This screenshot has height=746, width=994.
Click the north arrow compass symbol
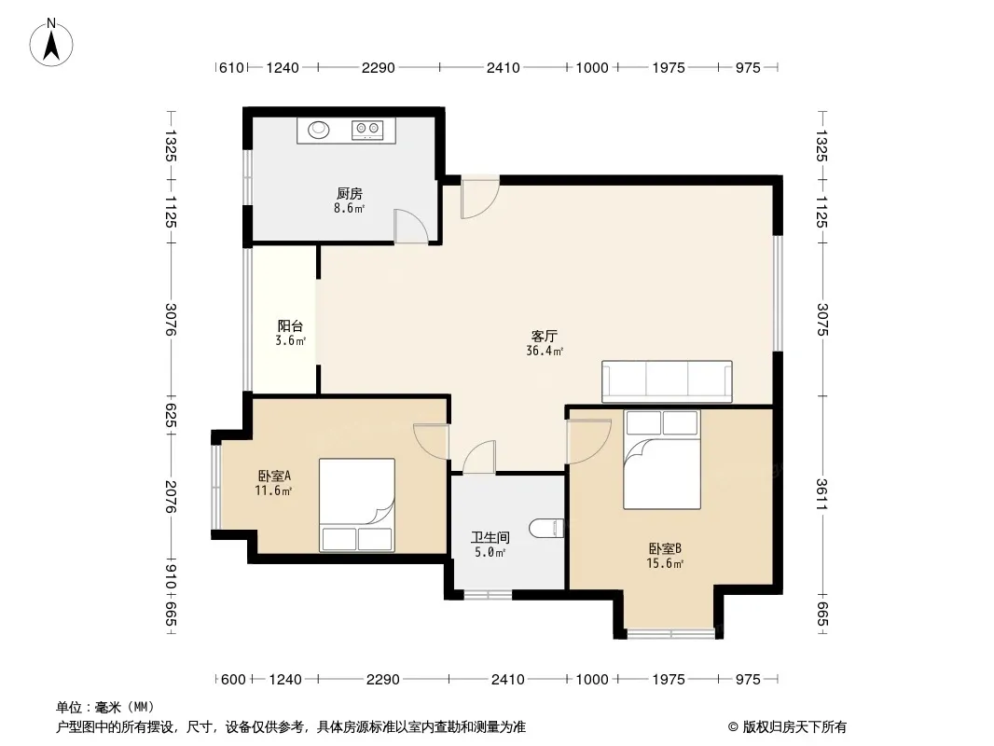pos(51,43)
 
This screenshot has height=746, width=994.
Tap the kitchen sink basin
pos(319,130)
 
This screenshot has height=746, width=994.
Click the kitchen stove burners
pos(367,130)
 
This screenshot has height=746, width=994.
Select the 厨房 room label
pos(350,193)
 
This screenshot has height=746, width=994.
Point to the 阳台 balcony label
pos(290,325)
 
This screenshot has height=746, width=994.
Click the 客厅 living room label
pos(544,336)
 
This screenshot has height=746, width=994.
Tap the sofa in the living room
pos(667,381)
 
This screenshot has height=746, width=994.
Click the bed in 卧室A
pos(357,505)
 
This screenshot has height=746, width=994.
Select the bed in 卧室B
pos(662,460)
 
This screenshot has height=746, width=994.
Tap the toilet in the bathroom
pos(545,528)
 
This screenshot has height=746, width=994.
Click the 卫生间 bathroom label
pos(490,537)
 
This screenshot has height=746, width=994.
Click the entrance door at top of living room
pos(480,198)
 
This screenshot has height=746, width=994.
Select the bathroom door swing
pos(479,457)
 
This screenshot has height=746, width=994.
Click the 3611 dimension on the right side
pos(821,494)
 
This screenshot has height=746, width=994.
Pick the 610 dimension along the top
pos(231,67)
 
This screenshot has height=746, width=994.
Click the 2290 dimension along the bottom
pos(383,680)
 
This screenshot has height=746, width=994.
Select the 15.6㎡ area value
pos(664,563)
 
